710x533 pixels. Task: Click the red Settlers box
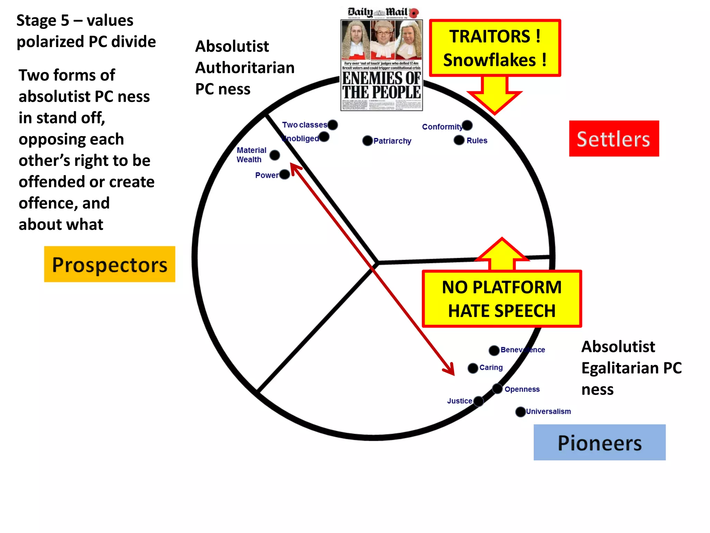(614, 139)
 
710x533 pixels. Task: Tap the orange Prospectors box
(110, 264)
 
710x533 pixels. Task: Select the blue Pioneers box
(599, 442)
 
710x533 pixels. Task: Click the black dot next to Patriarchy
(367, 141)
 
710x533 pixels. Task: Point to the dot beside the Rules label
(459, 140)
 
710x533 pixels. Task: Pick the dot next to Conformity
(467, 125)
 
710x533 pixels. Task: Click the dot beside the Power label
(285, 174)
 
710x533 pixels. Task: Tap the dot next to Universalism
(520, 412)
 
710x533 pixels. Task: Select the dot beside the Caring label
(473, 368)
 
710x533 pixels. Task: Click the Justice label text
(459, 401)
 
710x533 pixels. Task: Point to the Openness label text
(522, 389)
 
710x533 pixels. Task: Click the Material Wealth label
(251, 155)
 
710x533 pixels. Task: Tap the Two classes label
(304, 125)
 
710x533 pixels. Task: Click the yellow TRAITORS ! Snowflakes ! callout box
(495, 48)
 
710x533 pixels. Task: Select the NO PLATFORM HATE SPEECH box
(502, 299)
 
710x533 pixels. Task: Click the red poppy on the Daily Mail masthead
(414, 13)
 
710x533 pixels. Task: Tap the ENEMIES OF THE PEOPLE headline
(381, 85)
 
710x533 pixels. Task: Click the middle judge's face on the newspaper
(382, 35)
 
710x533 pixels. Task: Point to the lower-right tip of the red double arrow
(453, 375)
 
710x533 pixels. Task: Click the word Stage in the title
(36, 21)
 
